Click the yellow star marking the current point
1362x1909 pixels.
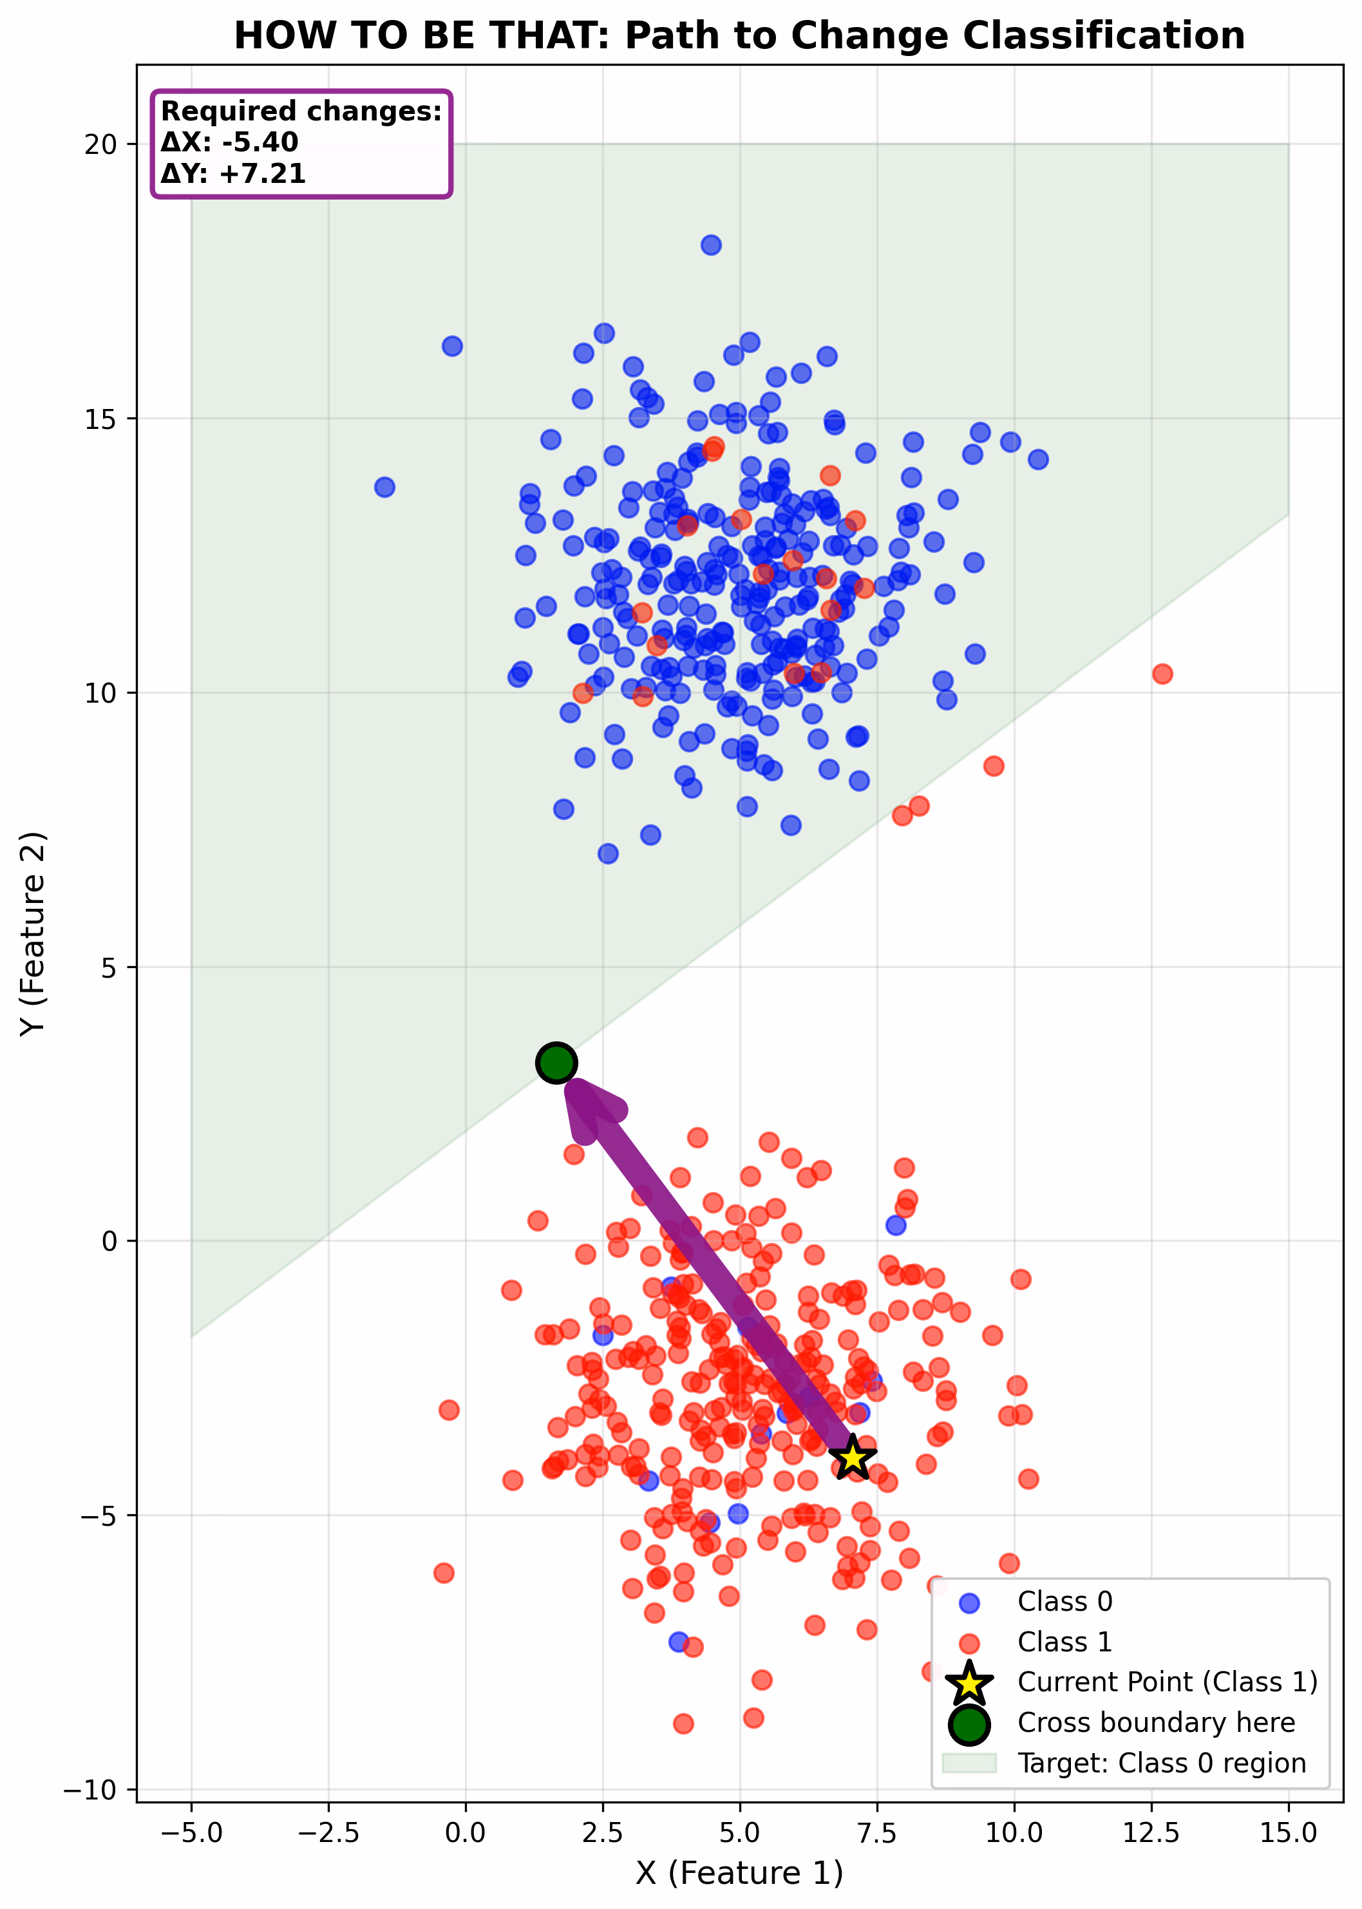pos(852,1457)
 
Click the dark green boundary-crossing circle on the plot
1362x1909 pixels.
pos(556,1063)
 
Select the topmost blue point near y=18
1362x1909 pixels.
pos(711,245)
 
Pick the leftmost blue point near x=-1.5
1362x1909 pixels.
pos(384,486)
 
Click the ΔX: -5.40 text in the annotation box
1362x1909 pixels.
pos(229,142)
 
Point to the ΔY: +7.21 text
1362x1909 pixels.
pos(233,174)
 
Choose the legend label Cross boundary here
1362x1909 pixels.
pos(1156,1722)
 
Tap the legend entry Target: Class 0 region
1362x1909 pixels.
pos(1160,1762)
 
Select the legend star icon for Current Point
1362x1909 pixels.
pos(969,1682)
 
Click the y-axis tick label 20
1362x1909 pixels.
pos(100,144)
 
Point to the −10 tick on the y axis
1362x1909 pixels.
pos(91,1789)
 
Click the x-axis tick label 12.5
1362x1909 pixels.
pos(1151,1832)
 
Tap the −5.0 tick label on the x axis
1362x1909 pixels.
pos(191,1832)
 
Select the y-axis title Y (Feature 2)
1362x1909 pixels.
pos(33,933)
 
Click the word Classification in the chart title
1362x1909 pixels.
pos(1103,36)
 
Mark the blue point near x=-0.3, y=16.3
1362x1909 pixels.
pos(452,346)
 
